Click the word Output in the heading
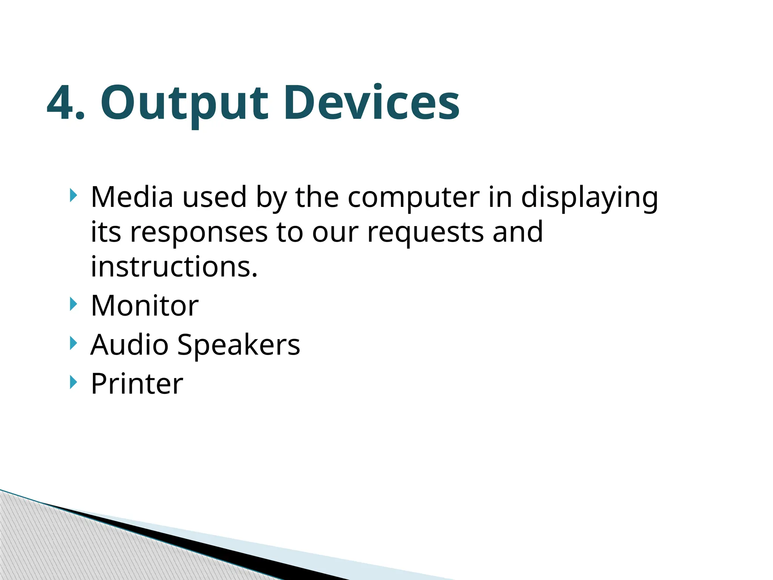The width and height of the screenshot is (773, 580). [184, 104]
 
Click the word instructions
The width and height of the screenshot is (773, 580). [174, 267]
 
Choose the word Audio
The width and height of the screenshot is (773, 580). [129, 344]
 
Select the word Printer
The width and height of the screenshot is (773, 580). [137, 384]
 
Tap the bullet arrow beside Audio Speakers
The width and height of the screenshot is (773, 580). [73, 343]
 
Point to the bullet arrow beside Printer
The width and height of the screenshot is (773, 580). [73, 383]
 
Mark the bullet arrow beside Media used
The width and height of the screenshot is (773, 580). [73, 196]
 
